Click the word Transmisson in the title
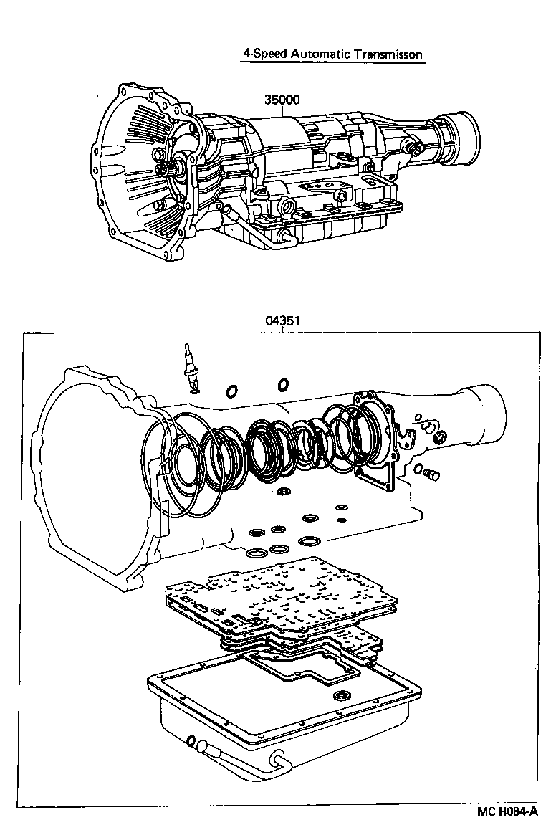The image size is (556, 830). pyautogui.click(x=388, y=54)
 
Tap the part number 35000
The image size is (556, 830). pyautogui.click(x=282, y=100)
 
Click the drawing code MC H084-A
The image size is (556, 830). pyautogui.click(x=507, y=812)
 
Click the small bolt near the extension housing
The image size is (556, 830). pyautogui.click(x=430, y=474)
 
